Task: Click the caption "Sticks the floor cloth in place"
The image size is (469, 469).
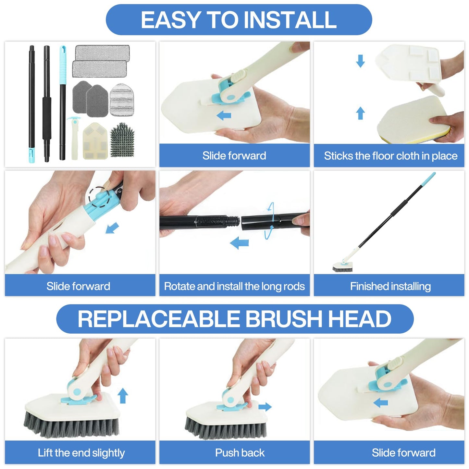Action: (390, 156)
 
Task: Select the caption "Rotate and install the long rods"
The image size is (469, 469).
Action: (234, 286)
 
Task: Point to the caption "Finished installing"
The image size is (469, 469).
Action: (390, 286)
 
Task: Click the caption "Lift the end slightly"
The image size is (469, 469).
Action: (81, 453)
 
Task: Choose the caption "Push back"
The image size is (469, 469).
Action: (240, 453)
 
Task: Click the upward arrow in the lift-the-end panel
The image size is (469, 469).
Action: (123, 396)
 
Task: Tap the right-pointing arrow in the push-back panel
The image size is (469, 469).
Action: (265, 407)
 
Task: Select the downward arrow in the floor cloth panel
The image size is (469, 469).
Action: (361, 61)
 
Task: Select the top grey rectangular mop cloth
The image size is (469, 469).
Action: (102, 53)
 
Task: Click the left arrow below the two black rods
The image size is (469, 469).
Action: (240, 243)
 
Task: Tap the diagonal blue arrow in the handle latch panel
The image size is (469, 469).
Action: (112, 228)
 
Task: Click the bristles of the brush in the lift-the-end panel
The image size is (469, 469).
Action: (71, 425)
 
